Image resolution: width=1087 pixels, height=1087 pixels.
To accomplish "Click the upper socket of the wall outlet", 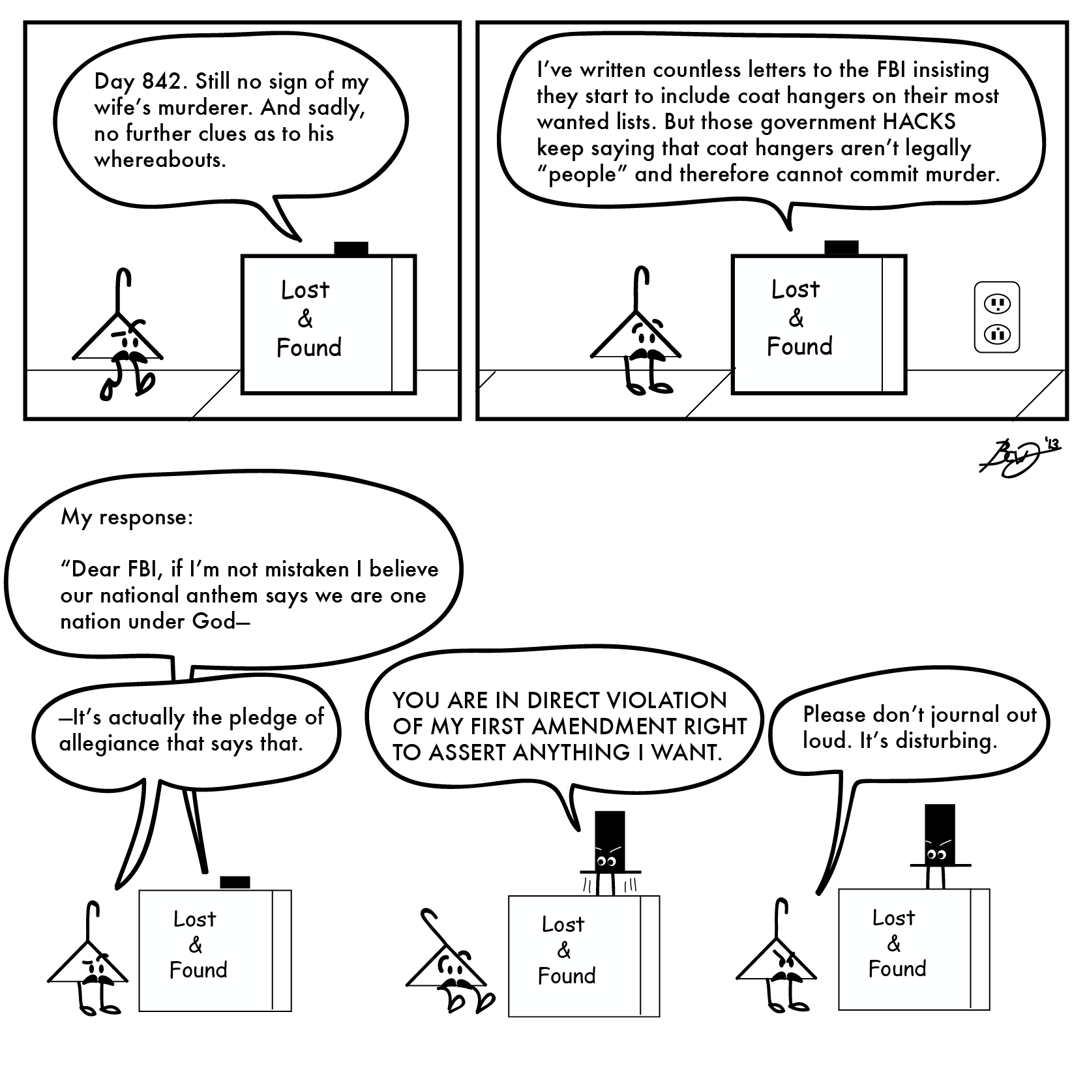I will point(996,303).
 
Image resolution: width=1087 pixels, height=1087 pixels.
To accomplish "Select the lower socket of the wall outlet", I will point(996,335).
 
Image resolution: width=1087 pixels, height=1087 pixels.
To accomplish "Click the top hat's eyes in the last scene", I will point(936,854).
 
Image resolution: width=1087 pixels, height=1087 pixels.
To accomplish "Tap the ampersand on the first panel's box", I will point(305,320).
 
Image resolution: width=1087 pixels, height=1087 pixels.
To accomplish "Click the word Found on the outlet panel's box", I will point(799,346).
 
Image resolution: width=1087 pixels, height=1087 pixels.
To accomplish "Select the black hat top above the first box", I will point(351,248).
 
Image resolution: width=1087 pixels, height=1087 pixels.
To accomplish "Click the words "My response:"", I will point(127,517).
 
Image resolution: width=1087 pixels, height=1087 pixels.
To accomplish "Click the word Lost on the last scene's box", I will point(893,918).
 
